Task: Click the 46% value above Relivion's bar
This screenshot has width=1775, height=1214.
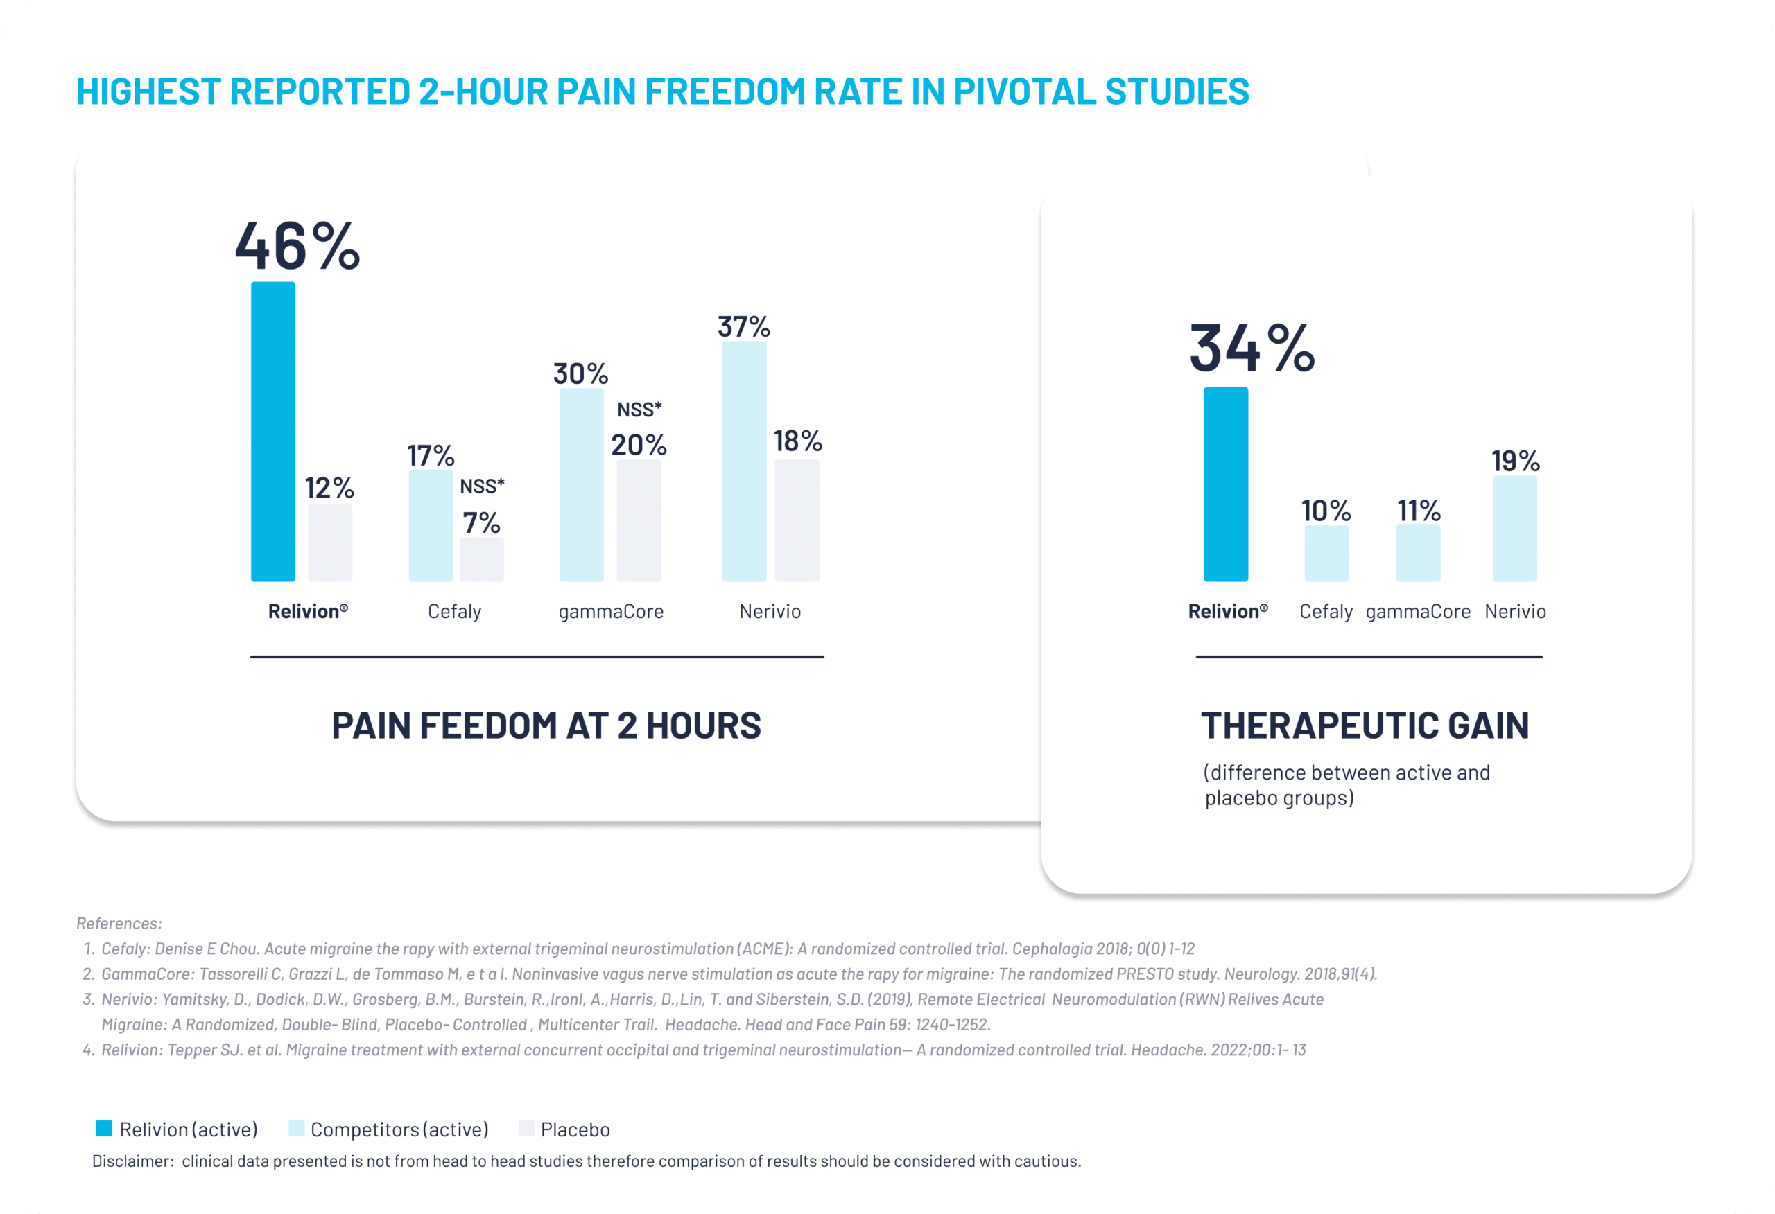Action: tap(297, 246)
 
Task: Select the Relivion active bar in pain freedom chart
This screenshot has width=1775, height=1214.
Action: tap(273, 432)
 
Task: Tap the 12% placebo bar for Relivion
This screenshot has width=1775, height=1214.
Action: tap(330, 542)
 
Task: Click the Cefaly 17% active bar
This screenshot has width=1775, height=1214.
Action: tap(431, 525)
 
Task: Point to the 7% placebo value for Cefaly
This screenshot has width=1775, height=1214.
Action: tap(481, 523)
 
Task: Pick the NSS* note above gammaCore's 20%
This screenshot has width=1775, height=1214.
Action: tap(639, 410)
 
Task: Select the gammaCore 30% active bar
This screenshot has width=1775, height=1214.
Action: tap(582, 485)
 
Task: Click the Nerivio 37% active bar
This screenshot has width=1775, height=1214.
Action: tap(745, 461)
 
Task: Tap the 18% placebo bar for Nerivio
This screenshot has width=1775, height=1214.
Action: tap(797, 520)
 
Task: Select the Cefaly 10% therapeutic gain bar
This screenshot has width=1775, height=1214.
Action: tap(1326, 554)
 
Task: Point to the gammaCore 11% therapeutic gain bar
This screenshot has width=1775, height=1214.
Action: tap(1419, 553)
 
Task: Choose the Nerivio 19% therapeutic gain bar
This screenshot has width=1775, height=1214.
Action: tap(1515, 529)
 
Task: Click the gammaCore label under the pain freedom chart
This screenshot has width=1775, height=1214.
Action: tap(611, 612)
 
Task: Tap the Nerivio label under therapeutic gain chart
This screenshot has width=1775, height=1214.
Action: tap(1515, 612)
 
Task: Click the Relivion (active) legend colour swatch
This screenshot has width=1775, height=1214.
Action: tap(104, 1129)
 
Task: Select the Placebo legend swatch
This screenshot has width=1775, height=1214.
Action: tap(526, 1129)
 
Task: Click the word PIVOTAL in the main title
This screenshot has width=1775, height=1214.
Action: tap(1023, 91)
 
